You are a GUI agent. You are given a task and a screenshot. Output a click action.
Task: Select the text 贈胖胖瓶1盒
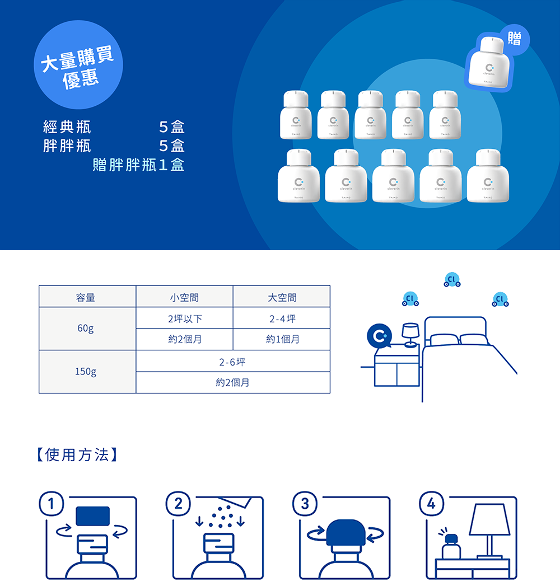tap(138, 165)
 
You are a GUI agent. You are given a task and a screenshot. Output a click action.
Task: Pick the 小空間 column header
tap(184, 297)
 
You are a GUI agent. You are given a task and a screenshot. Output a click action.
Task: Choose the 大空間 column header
tap(282, 297)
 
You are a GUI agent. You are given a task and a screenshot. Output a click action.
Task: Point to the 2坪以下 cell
tap(184, 318)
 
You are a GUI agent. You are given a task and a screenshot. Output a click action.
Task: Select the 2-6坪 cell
tap(232, 362)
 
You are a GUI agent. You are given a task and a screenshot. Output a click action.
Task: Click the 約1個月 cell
tap(282, 339)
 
